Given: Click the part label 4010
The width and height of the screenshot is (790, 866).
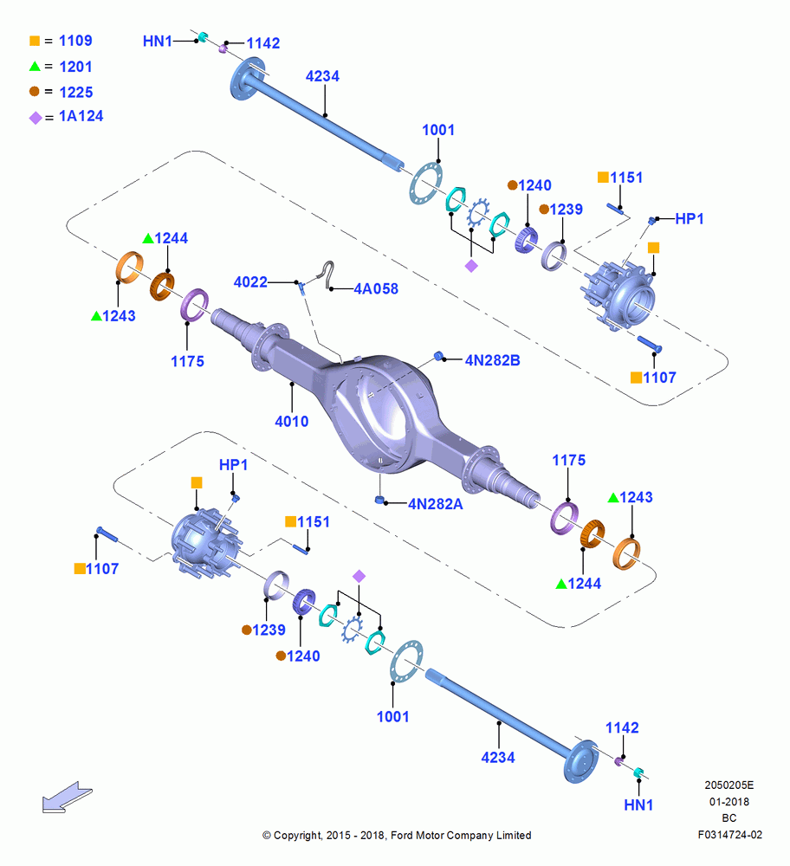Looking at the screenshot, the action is pyautogui.click(x=292, y=422).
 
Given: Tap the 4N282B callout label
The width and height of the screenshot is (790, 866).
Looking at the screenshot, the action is pyautogui.click(x=492, y=360).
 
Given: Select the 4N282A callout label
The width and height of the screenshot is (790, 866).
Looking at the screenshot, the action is pyautogui.click(x=436, y=504).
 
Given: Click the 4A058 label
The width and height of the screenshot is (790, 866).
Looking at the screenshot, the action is pyautogui.click(x=376, y=288).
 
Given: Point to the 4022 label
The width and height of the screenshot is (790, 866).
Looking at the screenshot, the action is pyautogui.click(x=250, y=282).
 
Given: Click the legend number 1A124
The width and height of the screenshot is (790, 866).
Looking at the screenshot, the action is pyautogui.click(x=81, y=116).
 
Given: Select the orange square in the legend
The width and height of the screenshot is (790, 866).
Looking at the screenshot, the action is pyautogui.click(x=35, y=41).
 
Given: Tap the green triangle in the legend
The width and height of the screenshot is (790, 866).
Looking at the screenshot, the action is pyautogui.click(x=35, y=67).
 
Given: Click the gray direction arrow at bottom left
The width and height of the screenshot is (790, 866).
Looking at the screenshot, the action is pyautogui.click(x=67, y=797).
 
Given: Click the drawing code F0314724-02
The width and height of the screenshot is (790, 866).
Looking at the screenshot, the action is pyautogui.click(x=729, y=835).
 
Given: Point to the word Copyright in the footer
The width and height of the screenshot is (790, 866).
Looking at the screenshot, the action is pyautogui.click(x=298, y=836).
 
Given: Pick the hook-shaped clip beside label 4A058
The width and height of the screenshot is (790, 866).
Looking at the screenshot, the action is pyautogui.click(x=328, y=275).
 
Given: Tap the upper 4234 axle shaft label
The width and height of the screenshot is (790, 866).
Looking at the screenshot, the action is pyautogui.click(x=322, y=76).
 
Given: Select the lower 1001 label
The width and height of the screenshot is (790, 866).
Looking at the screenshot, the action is pyautogui.click(x=392, y=717).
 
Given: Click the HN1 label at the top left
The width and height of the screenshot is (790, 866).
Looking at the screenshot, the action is pyautogui.click(x=158, y=41).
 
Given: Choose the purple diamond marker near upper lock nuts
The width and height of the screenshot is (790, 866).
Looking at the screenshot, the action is pyautogui.click(x=471, y=266).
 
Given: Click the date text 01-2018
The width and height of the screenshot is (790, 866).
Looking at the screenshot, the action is pyautogui.click(x=729, y=801).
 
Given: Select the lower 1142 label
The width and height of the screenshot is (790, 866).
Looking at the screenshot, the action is pyautogui.click(x=622, y=728).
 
